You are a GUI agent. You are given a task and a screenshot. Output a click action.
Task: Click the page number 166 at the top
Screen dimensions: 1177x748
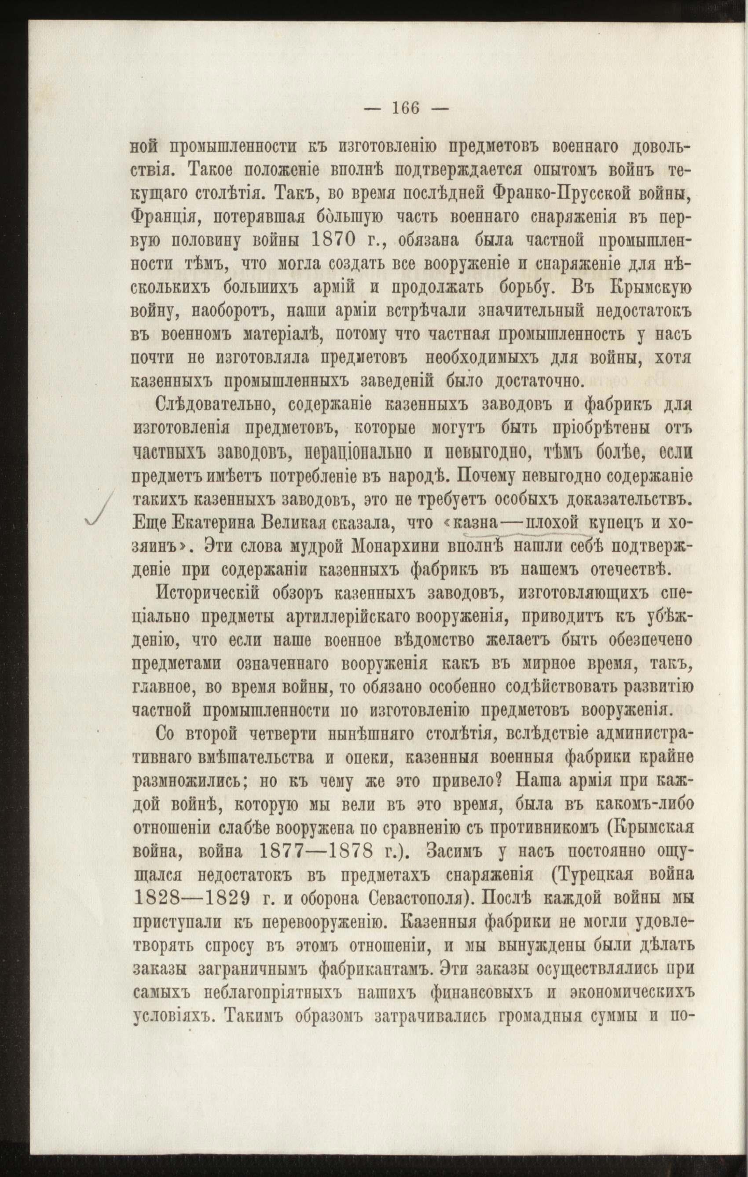406,108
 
